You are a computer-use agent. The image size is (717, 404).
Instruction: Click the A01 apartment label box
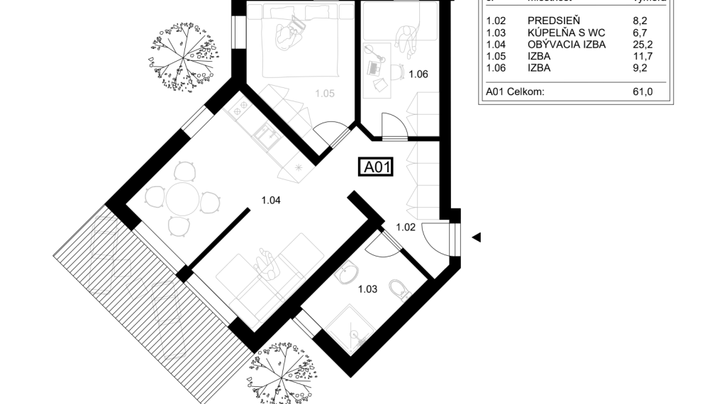[376, 167]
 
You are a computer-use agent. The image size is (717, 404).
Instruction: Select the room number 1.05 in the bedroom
[325, 93]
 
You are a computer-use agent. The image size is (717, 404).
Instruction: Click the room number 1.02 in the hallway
[405, 228]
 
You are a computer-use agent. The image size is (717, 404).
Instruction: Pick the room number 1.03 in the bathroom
[367, 288]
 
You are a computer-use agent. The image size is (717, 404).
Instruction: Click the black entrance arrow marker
[477, 237]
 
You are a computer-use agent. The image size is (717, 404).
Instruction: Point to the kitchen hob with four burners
[240, 108]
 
